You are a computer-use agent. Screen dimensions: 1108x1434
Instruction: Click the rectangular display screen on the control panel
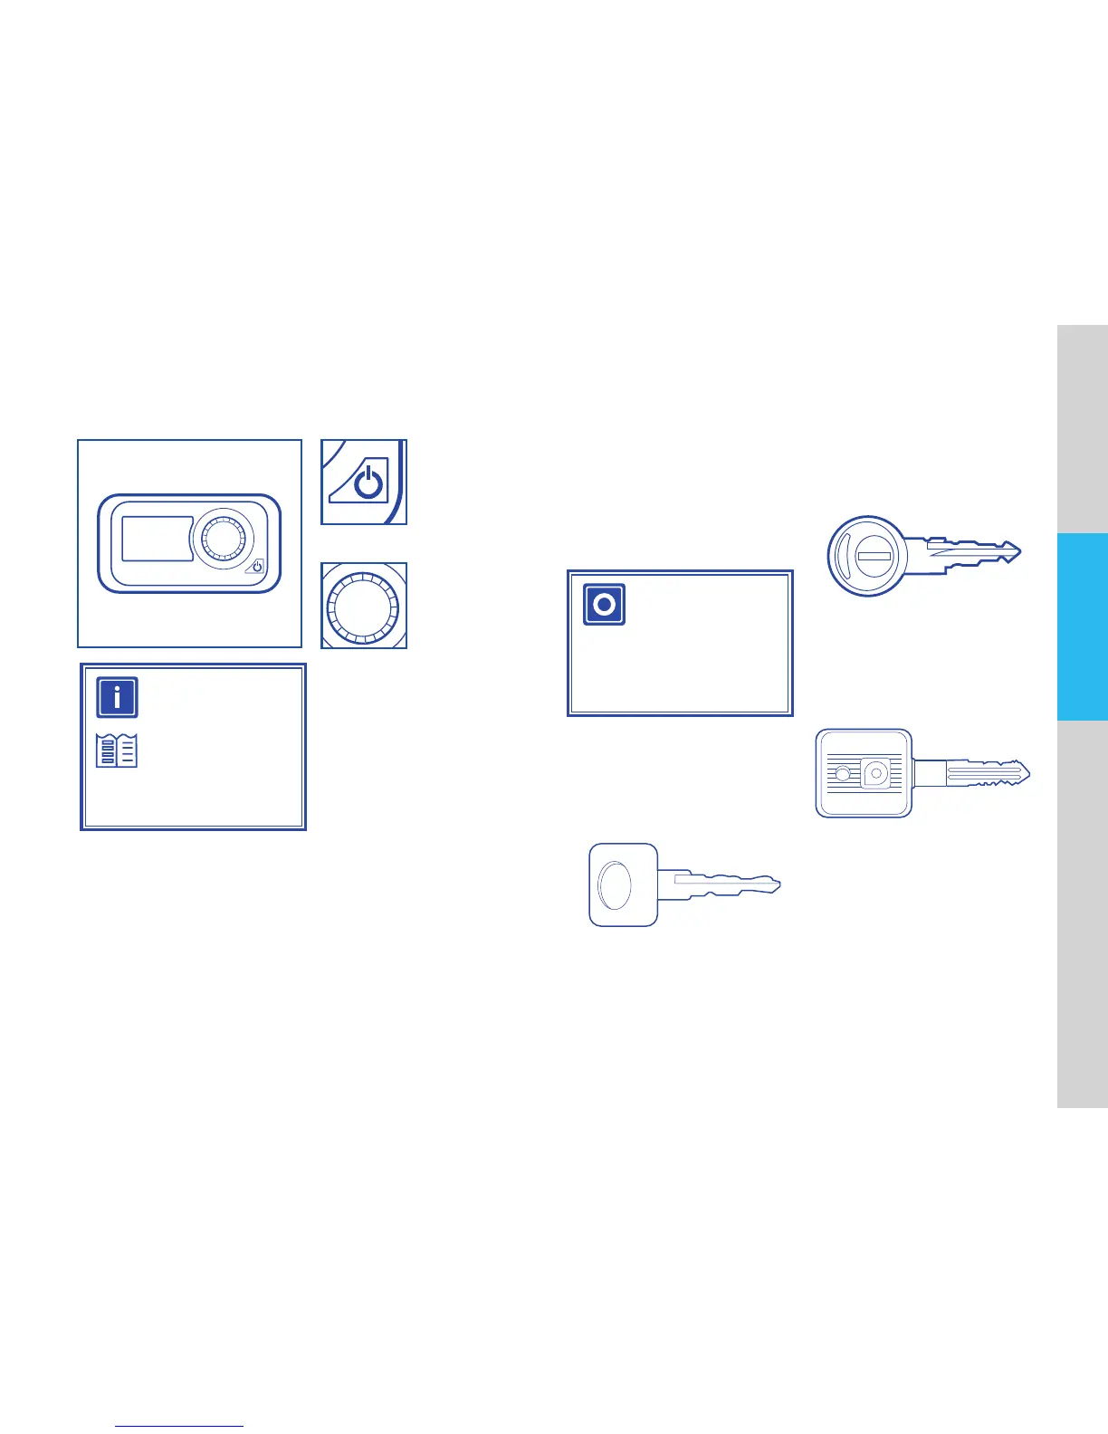pos(156,539)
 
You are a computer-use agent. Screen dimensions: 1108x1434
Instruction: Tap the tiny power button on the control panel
pos(257,567)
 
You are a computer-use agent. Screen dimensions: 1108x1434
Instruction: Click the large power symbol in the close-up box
pos(368,483)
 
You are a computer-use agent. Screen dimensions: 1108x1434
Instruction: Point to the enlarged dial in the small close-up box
pos(362,606)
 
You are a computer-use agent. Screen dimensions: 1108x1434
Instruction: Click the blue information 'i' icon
pos(117,698)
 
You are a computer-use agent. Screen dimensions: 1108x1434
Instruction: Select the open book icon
pos(117,751)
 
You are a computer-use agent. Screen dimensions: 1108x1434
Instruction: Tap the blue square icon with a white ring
pos(604,604)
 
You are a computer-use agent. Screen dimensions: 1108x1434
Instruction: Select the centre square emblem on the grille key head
pos(875,773)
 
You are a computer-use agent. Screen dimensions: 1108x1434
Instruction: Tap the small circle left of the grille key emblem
pos(843,774)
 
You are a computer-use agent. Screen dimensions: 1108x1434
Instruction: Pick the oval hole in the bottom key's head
pos(616,885)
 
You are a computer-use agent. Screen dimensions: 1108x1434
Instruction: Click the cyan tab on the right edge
pos(1082,626)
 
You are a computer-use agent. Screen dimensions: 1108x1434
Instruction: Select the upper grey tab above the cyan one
pos(1082,428)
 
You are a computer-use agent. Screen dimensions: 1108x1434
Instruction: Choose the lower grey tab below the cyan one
pos(1082,913)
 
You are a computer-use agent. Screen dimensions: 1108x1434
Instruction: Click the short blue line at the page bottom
pos(179,1426)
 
